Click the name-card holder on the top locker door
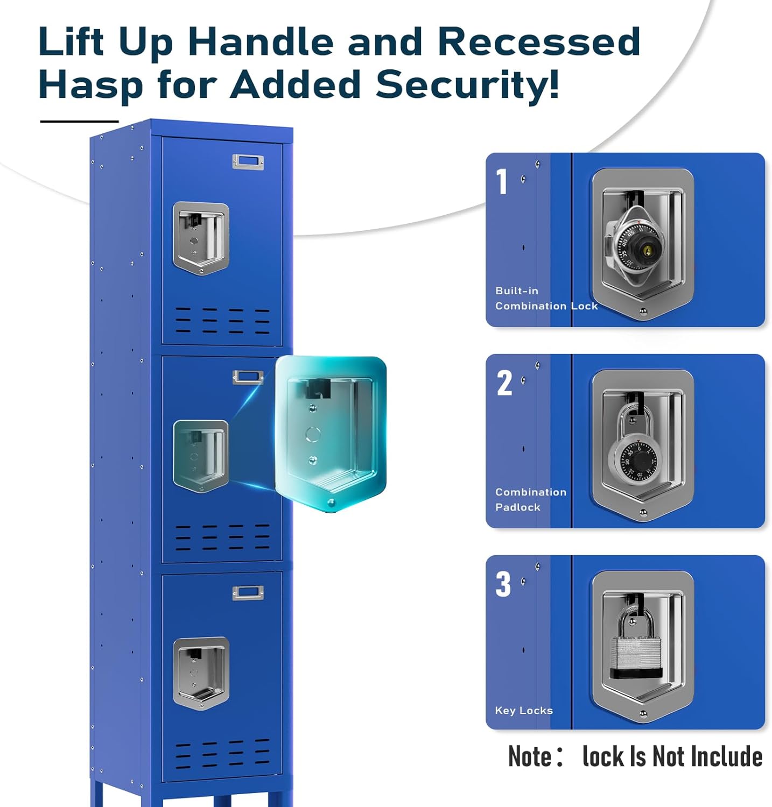248,161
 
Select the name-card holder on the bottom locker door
248,593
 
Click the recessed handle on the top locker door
201,237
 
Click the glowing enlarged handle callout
331,434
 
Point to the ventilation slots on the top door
222,321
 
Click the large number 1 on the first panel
502,181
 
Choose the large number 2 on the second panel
504,383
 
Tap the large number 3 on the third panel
503,584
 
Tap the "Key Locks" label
523,710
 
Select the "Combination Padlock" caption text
530,499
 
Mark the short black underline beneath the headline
79,122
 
